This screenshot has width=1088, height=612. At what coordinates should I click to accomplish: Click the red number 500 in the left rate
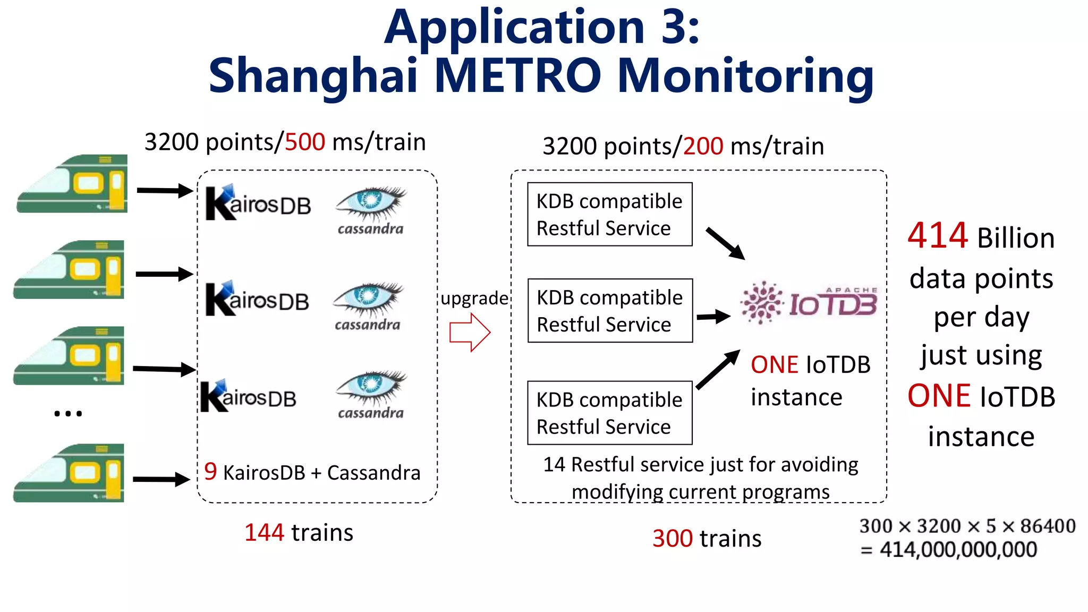pos(304,142)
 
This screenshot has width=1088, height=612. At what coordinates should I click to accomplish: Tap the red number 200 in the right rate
pos(703,146)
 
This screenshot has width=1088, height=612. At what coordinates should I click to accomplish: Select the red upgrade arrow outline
pos(470,333)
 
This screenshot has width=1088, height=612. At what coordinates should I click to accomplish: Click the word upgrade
pos(474,298)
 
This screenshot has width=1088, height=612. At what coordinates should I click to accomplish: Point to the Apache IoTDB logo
pos(809,303)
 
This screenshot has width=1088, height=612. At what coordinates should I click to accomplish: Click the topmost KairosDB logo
pos(258,203)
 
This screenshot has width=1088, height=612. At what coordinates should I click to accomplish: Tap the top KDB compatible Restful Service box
pos(609,215)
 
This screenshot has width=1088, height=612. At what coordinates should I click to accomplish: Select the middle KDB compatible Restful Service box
pos(610,311)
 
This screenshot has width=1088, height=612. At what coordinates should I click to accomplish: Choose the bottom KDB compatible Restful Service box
pos(609,413)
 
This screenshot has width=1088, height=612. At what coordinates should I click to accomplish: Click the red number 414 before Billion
pos(938,236)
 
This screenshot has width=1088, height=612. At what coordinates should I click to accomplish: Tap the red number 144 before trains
pos(264,533)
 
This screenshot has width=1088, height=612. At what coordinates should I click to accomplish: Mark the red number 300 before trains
pos(672,539)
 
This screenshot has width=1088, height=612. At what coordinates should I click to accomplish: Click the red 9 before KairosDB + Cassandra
pos(210,472)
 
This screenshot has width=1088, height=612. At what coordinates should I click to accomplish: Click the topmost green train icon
pos(73,184)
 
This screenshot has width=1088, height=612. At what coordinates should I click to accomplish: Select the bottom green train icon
pos(69,473)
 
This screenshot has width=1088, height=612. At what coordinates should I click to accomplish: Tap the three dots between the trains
pos(68,413)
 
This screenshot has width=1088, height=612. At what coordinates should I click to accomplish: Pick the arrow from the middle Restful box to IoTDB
pos(713,317)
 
